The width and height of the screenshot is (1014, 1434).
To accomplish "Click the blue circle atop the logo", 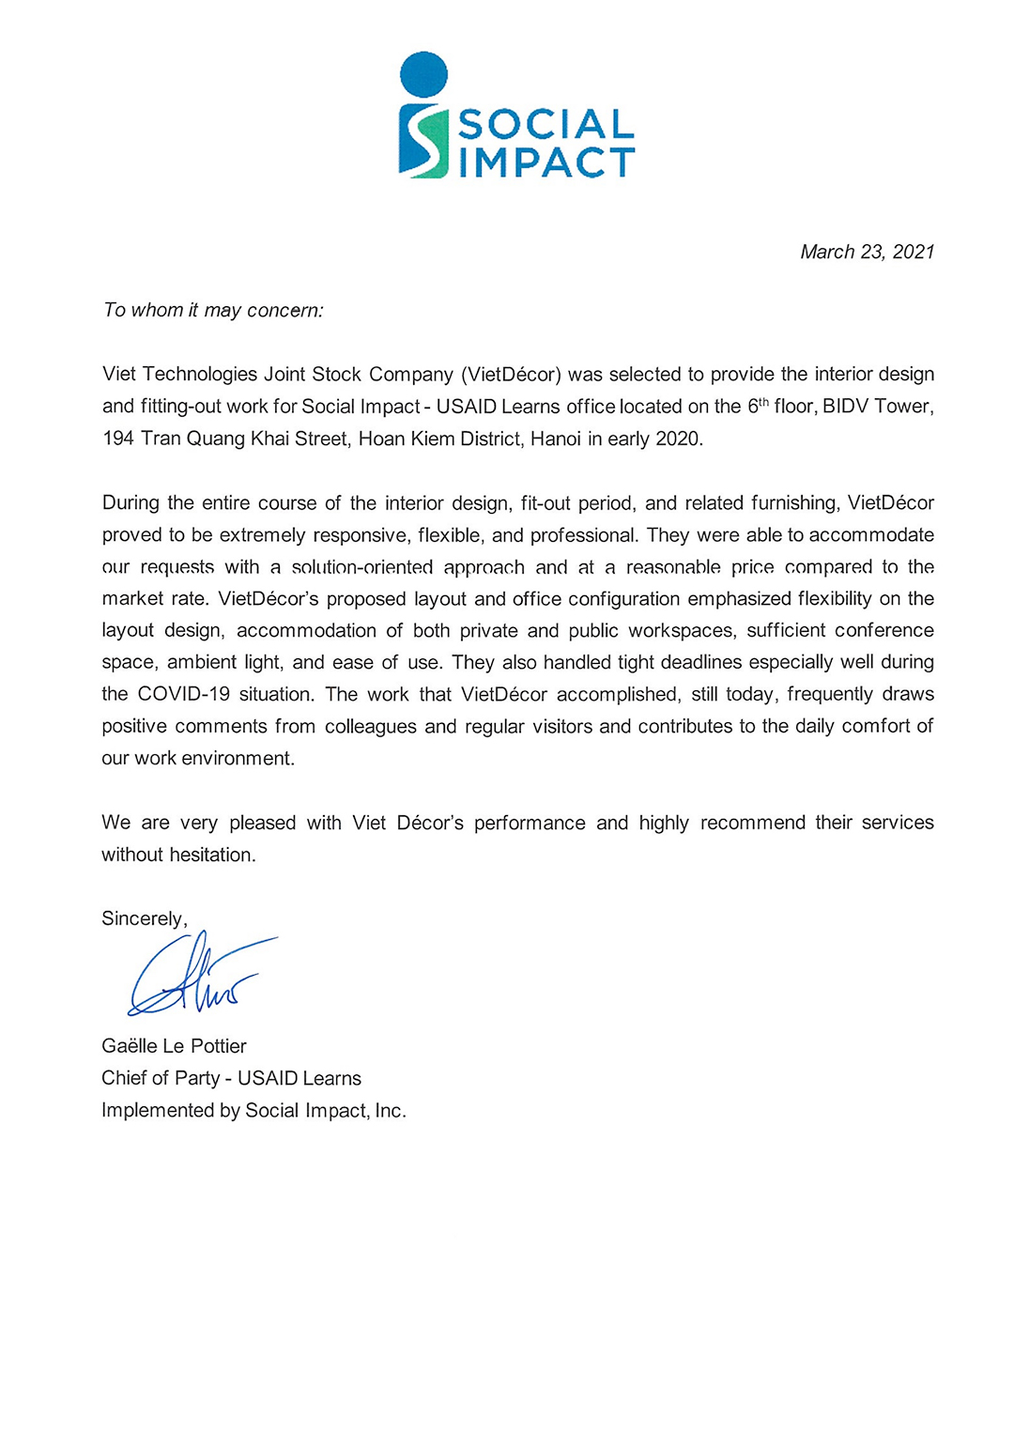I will (423, 74).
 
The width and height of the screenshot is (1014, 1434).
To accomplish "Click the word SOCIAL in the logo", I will (545, 125).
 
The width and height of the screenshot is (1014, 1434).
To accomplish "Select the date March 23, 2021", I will (867, 252).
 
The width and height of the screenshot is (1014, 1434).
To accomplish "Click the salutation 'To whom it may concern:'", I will (213, 311).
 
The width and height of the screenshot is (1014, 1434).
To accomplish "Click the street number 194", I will (117, 439).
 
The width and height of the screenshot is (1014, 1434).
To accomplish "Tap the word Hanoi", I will (555, 439).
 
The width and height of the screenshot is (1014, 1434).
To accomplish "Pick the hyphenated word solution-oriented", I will (361, 567).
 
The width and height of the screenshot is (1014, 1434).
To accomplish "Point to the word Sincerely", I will (144, 918).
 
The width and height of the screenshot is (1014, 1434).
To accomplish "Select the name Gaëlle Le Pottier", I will (174, 1046).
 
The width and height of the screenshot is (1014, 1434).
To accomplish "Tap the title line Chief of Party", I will (160, 1078).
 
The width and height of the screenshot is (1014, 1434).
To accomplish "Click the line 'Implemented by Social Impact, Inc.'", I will (253, 1110).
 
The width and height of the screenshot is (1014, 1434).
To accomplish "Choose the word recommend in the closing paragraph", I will (752, 823).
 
